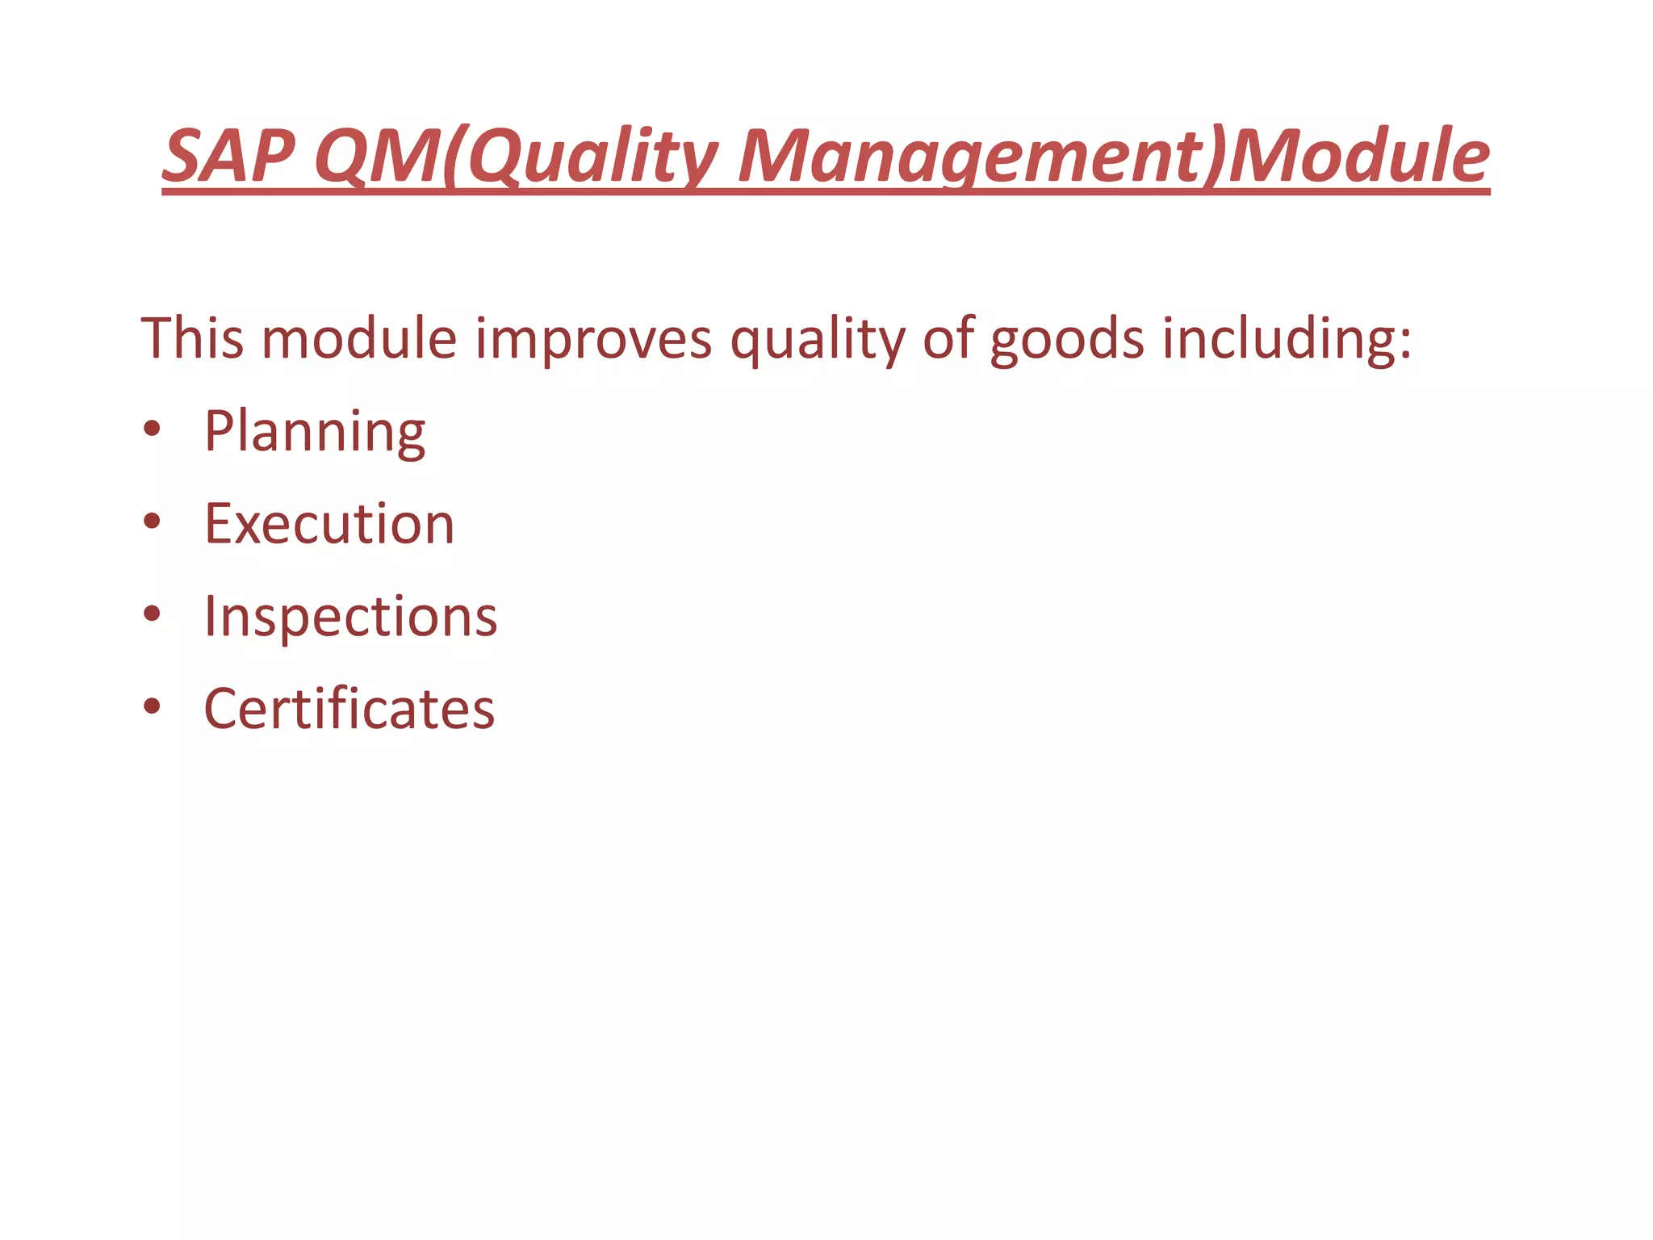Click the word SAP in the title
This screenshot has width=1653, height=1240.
coord(228,156)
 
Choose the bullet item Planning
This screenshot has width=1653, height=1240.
coord(315,431)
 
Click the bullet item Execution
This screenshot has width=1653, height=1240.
coord(329,524)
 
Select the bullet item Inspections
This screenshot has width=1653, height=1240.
coord(350,617)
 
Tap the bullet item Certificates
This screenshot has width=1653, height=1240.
coord(349,709)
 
